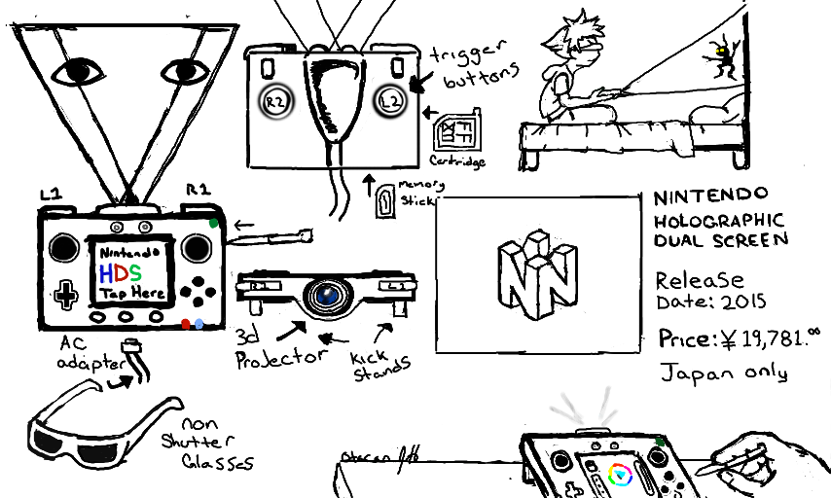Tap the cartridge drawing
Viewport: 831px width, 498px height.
pos(456,129)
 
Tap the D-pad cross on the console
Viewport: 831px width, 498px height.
pos(66,294)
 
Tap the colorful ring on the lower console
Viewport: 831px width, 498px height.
pos(619,476)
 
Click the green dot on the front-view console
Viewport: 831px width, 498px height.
pos(214,223)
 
